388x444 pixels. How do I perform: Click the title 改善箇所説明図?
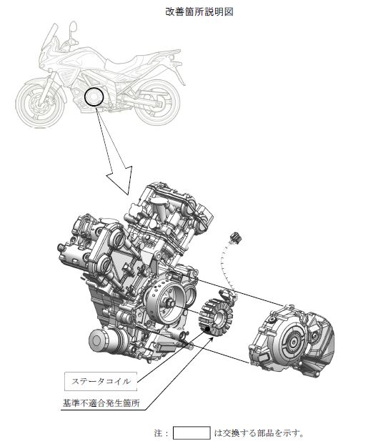click(x=199, y=11)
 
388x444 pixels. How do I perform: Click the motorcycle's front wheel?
click(x=41, y=103)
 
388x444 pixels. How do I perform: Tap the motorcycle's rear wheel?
click(x=156, y=102)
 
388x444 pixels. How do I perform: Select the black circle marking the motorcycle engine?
click(x=94, y=97)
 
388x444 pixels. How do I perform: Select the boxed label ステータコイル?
click(x=101, y=381)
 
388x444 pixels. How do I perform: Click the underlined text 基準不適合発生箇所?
click(x=101, y=403)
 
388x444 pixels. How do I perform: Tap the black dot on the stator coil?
click(x=208, y=329)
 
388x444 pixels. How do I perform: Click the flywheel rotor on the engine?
click(x=165, y=304)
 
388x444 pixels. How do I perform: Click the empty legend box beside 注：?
click(x=191, y=433)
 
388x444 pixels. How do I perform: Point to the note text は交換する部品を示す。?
click(x=259, y=433)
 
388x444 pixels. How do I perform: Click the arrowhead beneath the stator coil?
click(x=210, y=340)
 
